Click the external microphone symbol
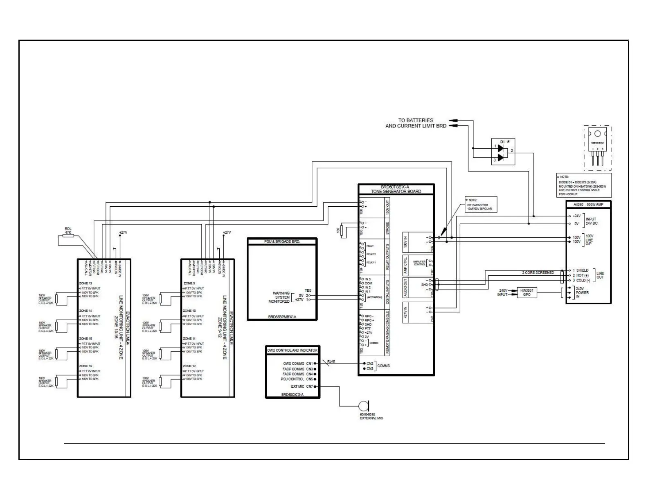[362, 406]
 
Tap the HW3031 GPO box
[526, 292]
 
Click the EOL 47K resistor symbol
[68, 235]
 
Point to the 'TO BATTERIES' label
[415, 121]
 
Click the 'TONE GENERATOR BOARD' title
[396, 191]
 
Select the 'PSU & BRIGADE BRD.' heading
[282, 241]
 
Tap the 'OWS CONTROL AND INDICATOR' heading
[292, 350]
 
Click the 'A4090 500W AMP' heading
[588, 204]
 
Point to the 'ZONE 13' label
[85, 283]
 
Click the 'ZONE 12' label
[189, 366]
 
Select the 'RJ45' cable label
[331, 361]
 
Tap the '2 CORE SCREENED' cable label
[538, 272]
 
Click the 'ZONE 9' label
[189, 283]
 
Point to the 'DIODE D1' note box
[584, 185]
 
